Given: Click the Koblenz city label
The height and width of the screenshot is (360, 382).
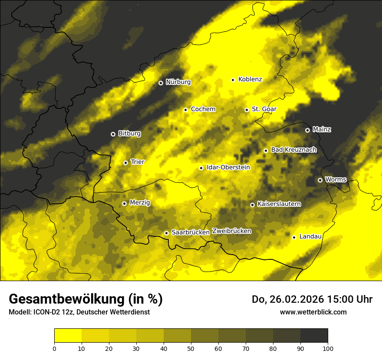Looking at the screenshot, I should pos(250,79).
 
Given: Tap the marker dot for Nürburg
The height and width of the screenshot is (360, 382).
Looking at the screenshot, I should pos(161,83).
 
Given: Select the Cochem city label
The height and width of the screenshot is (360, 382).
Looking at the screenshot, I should pos(203,109).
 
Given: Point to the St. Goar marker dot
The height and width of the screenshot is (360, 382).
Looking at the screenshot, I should pos(247,110).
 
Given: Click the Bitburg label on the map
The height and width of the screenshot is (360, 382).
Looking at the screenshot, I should pos(129,134).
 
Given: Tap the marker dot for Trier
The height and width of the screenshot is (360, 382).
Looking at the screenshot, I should pos(125,163).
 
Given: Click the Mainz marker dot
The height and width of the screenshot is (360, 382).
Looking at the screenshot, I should pos(307,130).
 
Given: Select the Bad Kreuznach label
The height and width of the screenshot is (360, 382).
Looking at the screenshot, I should pos(294,150).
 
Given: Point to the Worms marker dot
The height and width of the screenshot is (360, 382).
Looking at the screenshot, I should pos(320,180).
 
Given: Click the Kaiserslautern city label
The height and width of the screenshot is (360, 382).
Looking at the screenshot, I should pos(279,204).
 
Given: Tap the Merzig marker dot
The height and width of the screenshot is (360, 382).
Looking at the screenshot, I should pos(124,203).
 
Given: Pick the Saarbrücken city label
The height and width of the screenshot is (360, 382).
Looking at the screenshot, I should pos(191,232).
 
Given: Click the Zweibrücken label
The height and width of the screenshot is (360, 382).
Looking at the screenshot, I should pos(232,231).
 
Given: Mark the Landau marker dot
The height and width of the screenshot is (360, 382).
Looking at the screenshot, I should pos(294,237).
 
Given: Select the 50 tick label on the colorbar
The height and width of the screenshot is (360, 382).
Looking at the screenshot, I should pos(191,348).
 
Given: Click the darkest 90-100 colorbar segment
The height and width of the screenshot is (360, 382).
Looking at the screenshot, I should pos(314,336).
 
